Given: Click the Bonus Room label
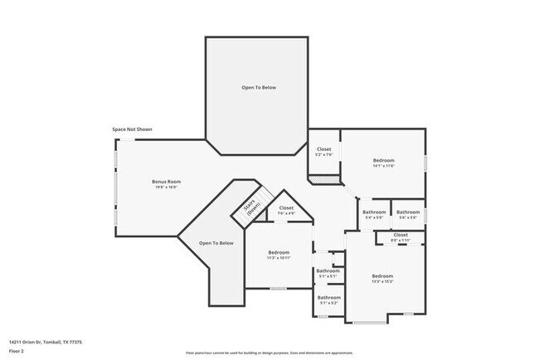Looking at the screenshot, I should point(167,182).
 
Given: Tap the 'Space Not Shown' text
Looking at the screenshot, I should point(132,129).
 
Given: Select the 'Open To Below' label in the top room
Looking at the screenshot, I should point(258,87).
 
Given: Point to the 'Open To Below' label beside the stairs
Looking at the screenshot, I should point(216,243).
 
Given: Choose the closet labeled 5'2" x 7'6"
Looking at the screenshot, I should point(323,151).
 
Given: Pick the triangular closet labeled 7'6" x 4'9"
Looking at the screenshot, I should point(286,211).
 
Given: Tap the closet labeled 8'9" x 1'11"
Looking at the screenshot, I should point(401,237).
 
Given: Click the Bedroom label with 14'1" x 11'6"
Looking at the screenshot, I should point(383,160).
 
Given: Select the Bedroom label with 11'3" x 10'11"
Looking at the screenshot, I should point(279,252).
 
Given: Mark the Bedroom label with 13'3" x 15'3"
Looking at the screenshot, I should point(382,276).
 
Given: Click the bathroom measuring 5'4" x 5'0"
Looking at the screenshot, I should point(374,214).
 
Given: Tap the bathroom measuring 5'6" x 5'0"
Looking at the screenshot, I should point(407,214).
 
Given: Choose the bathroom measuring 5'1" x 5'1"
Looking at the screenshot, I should point(328,273).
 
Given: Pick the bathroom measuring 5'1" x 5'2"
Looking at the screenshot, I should point(328,299).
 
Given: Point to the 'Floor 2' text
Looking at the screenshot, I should point(17,350).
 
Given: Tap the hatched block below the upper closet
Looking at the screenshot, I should point(324,178).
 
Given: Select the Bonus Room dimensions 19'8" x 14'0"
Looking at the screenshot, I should point(167,187).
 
